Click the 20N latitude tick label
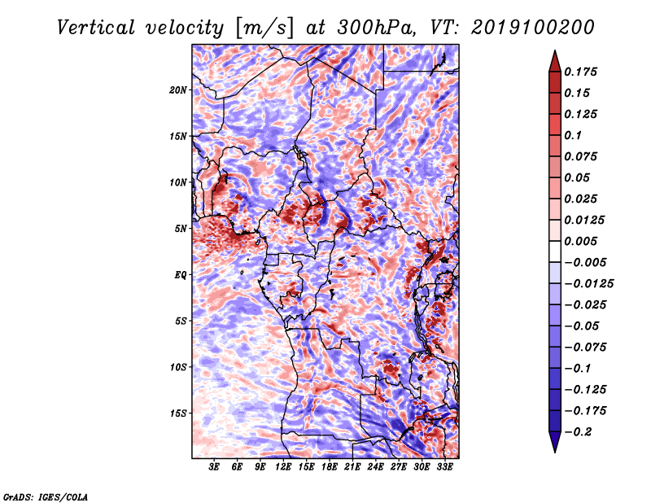click(x=178, y=90)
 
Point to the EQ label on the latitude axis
click(x=180, y=275)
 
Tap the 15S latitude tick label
click(x=178, y=413)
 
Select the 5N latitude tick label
click(x=181, y=229)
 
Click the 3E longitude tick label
click(x=214, y=467)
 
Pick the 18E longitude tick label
click(x=330, y=467)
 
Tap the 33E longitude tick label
click(x=444, y=467)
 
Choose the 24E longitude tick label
click(x=375, y=467)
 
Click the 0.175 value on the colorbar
click(x=580, y=72)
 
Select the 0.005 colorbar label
click(x=580, y=241)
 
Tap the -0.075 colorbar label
click(x=585, y=348)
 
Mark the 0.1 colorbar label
click(x=573, y=135)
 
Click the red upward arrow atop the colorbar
click(x=555, y=61)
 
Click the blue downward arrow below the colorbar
click(x=555, y=442)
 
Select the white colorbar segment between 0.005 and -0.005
click(x=555, y=251)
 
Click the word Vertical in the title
click(x=95, y=28)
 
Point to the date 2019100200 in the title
click(x=533, y=28)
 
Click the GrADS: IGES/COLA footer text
click(x=46, y=497)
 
